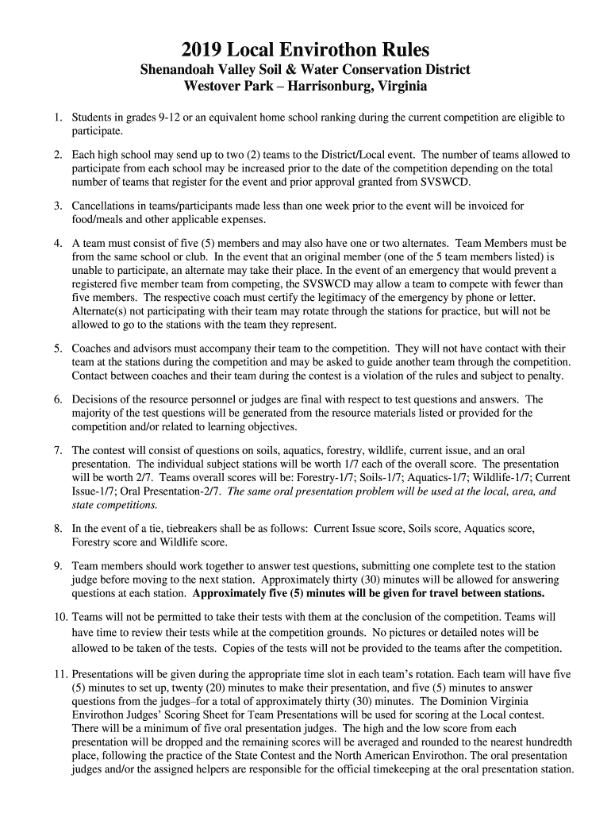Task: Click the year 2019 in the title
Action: pyautogui.click(x=202, y=48)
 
